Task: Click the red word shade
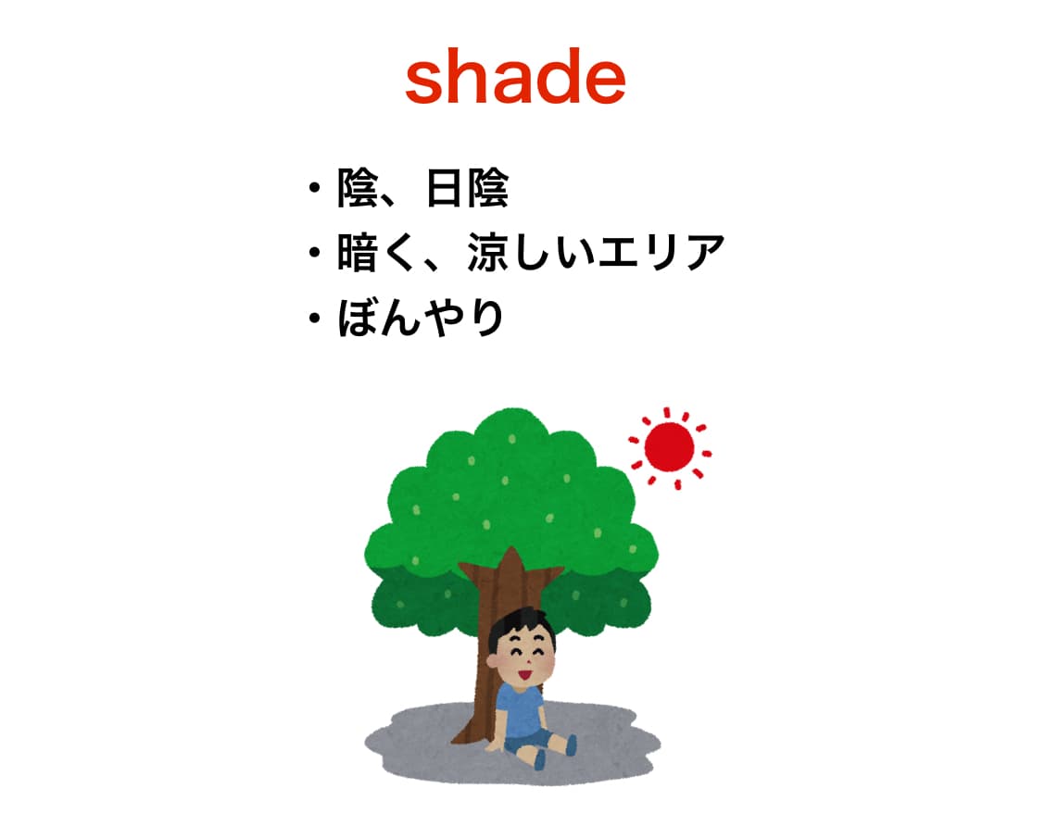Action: pos(515,76)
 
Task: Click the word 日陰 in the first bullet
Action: pos(468,187)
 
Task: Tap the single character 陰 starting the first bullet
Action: pos(358,187)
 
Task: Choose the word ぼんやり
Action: pos(421,317)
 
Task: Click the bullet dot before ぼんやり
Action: pos(314,317)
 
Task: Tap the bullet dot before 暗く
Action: pos(314,252)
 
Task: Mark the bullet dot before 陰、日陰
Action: pos(314,187)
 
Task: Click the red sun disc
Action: pos(669,447)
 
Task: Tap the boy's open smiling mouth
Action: pos(524,673)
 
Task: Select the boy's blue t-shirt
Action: pos(521,710)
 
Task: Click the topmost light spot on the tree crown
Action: pos(512,440)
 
